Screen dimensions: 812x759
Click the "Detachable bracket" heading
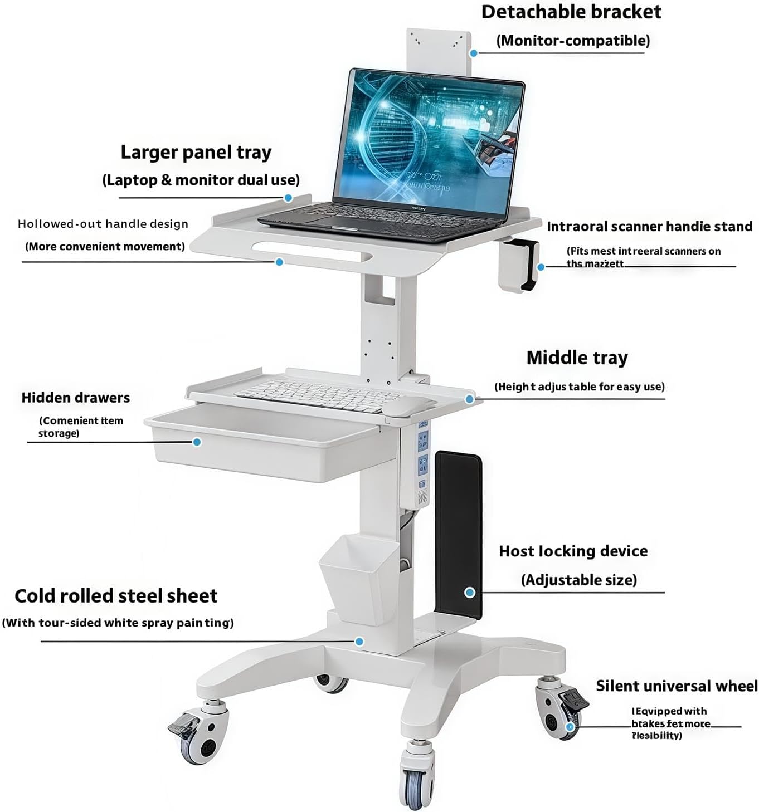tap(571, 12)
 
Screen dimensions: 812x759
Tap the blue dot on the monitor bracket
tap(473, 53)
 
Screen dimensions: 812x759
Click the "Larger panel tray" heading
tap(196, 152)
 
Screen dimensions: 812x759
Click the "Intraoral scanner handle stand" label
tap(649, 227)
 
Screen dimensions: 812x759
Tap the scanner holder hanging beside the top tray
tap(518, 265)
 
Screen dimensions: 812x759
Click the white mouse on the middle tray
tap(407, 406)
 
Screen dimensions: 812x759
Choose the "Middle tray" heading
tap(577, 358)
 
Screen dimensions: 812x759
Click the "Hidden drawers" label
tap(76, 398)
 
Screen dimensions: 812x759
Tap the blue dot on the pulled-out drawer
tap(197, 442)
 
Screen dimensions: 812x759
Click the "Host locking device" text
tap(573, 551)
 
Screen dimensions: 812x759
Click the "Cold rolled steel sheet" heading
tap(116, 596)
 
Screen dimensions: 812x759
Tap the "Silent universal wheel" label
tap(677, 686)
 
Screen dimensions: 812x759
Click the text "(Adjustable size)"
tap(578, 580)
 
